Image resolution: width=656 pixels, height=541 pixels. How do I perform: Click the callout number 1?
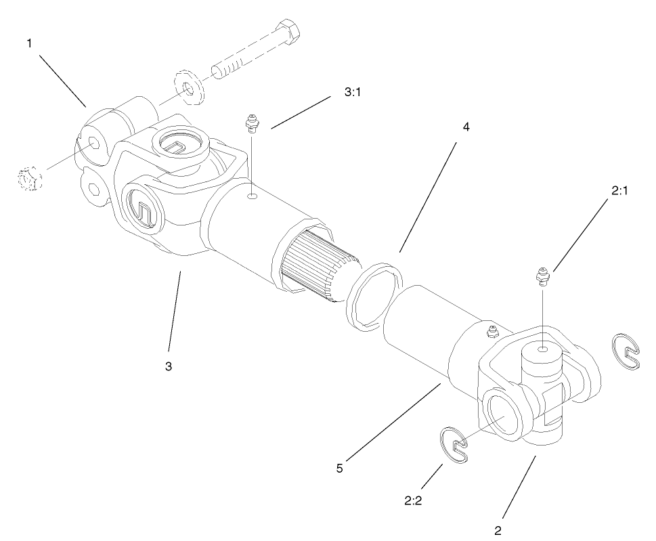click(29, 43)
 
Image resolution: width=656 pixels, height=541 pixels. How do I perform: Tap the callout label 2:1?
click(620, 192)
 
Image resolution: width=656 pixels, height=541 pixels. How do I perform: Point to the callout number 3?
click(168, 366)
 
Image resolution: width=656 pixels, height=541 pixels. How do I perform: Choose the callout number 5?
click(340, 468)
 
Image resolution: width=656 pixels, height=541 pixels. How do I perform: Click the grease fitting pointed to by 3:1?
click(251, 123)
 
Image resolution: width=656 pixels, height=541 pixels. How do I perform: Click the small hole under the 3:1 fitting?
click(251, 197)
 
